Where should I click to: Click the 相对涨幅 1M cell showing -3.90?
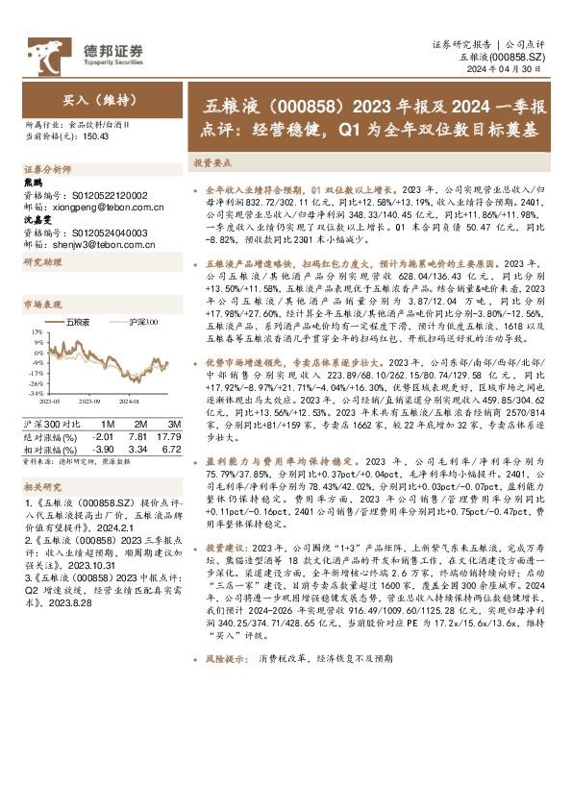click(102, 448)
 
